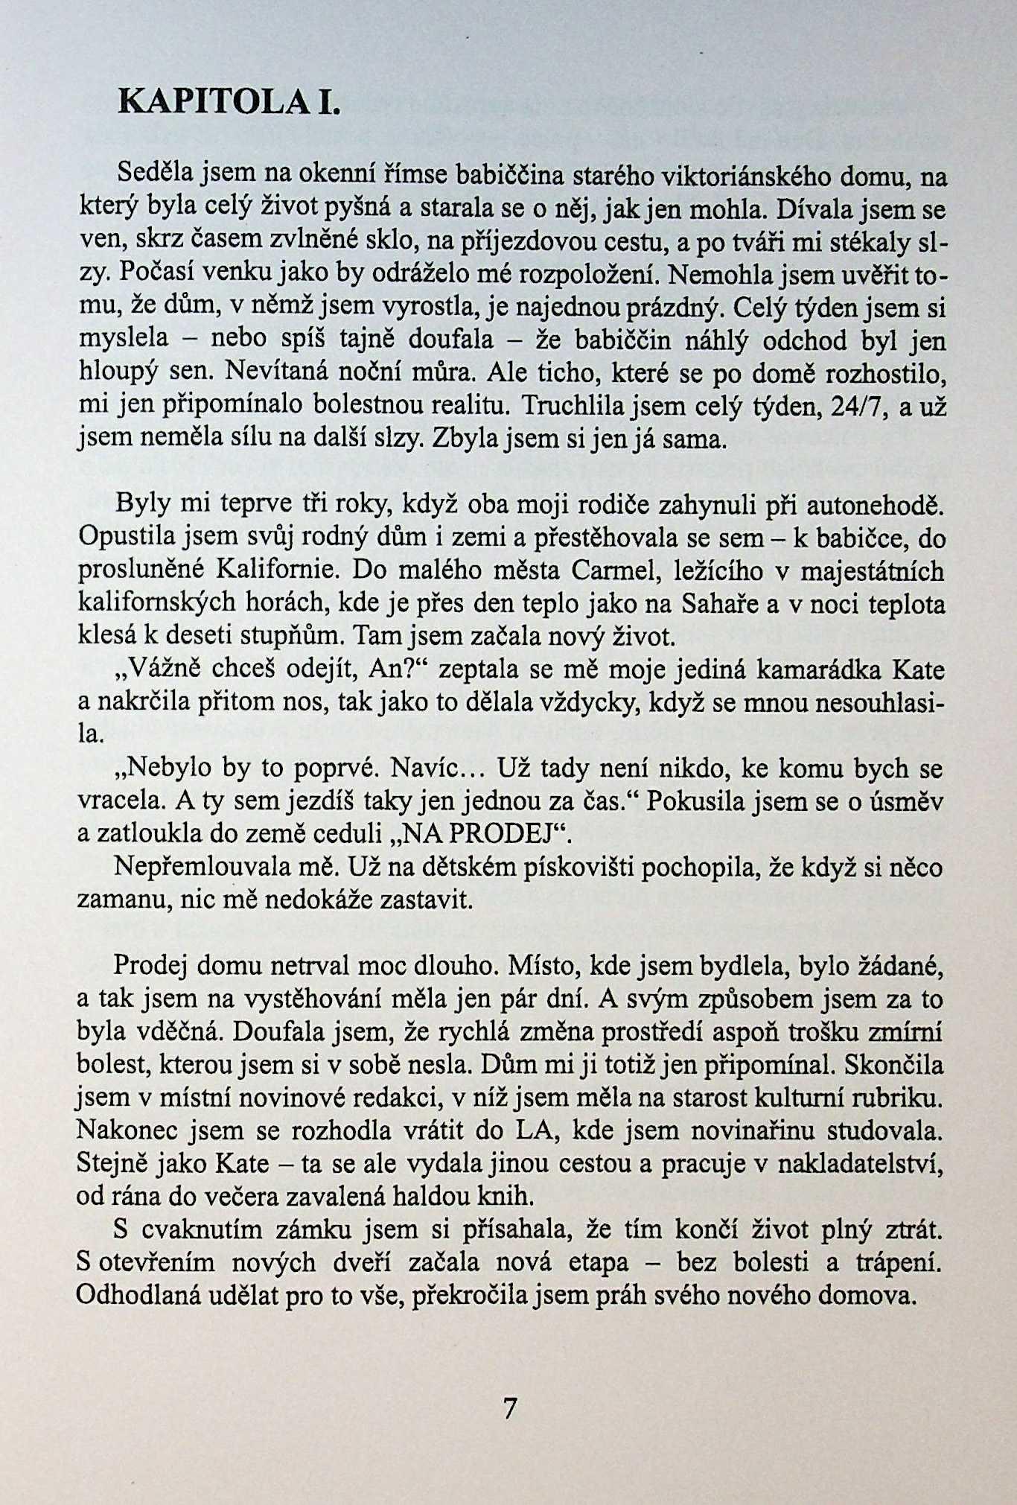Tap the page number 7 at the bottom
click(510, 1408)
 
